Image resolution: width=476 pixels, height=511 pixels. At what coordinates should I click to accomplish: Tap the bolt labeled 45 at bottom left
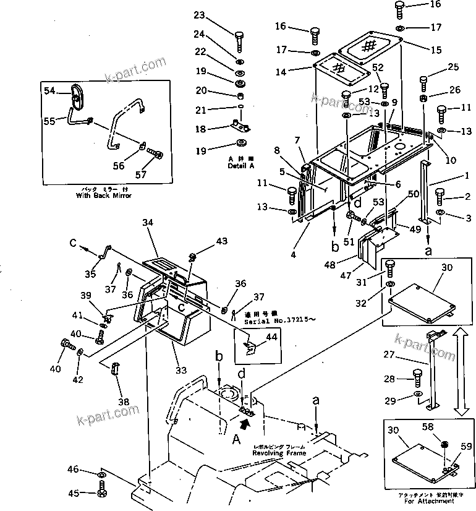click(102, 493)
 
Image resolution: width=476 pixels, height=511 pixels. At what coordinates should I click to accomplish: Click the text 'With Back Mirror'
click(104, 195)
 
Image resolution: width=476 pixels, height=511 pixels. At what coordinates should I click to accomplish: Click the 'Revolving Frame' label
click(279, 453)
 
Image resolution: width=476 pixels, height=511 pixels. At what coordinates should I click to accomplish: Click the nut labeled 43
click(192, 257)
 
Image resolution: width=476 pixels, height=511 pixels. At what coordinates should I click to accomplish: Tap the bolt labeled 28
click(417, 377)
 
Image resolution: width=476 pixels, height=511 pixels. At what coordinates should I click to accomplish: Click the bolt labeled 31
click(391, 268)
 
